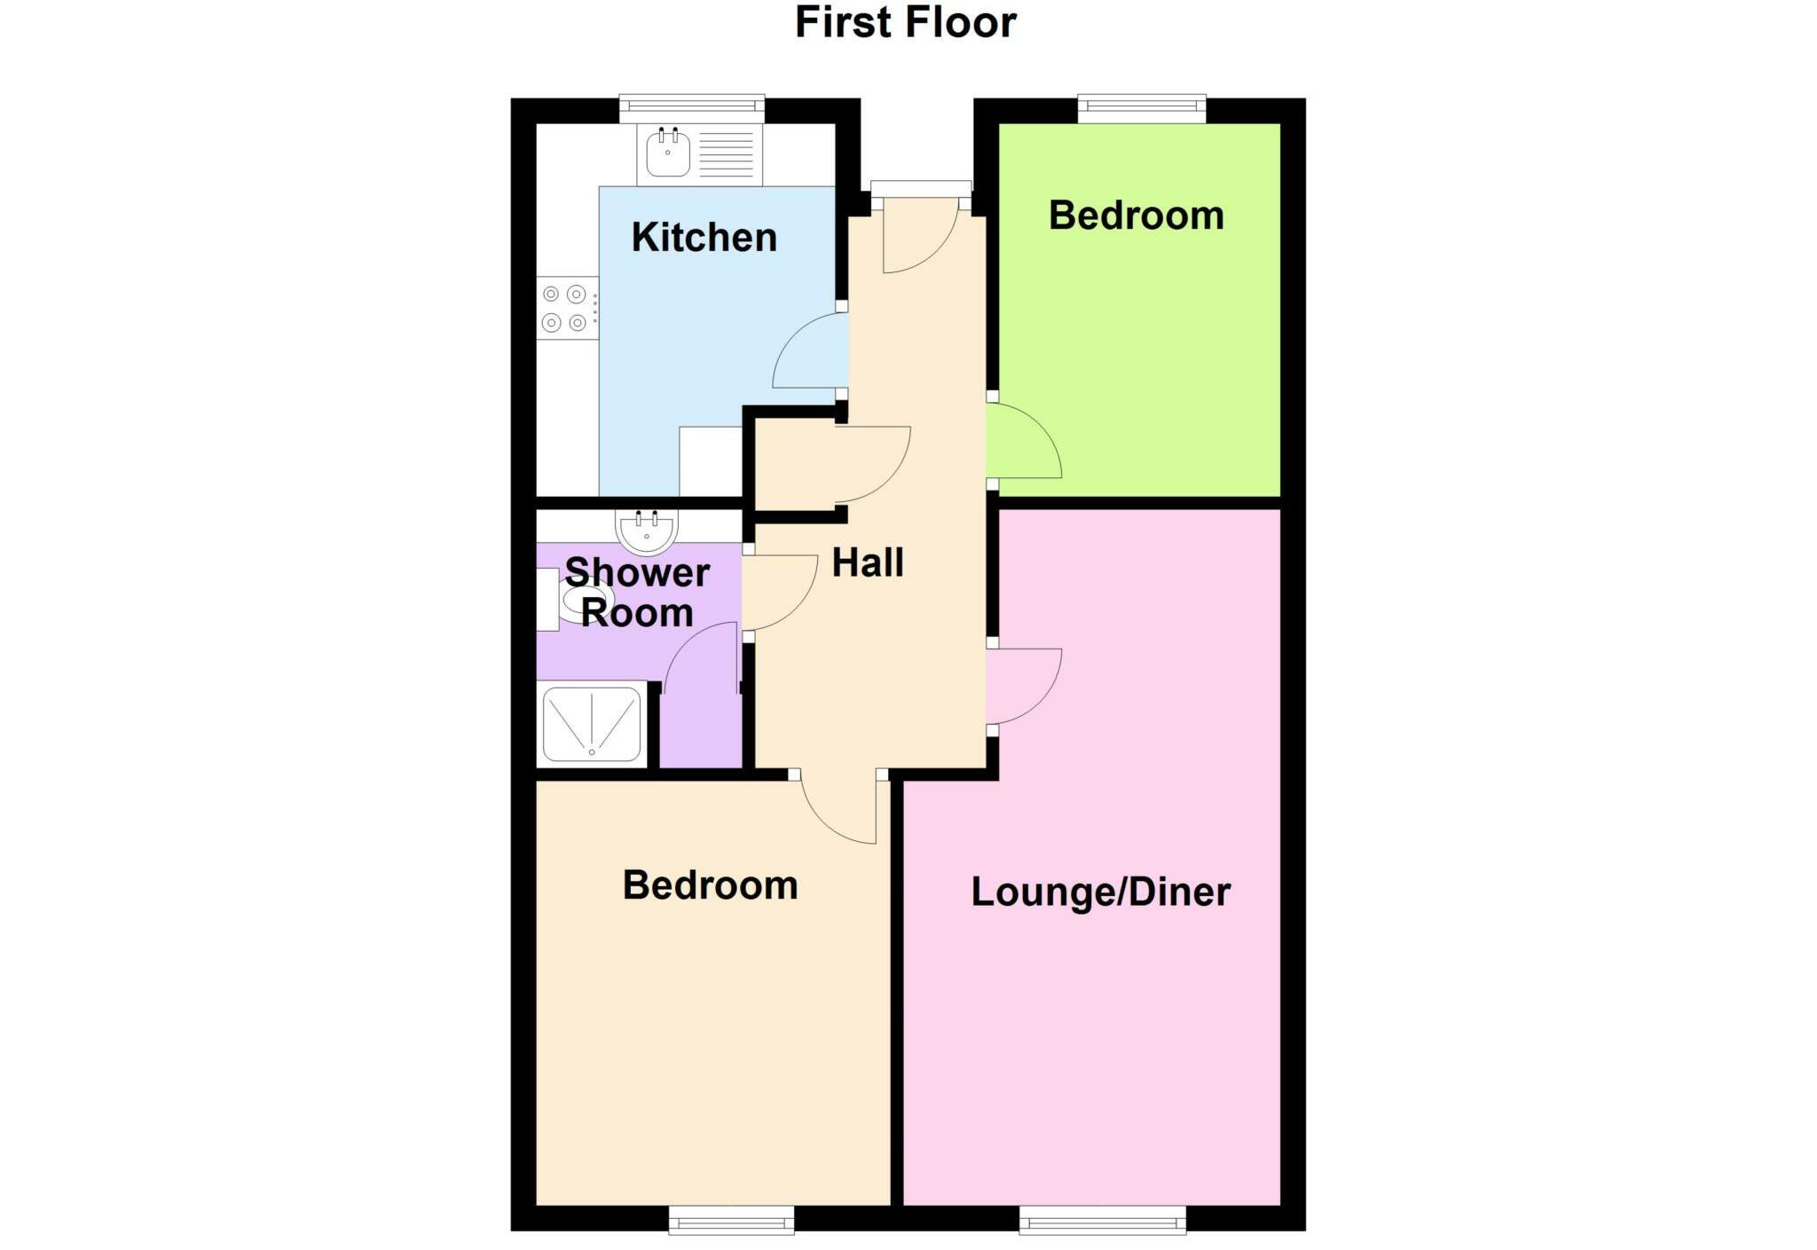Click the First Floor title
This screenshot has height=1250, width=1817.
point(905,22)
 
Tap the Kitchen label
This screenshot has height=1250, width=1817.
point(704,238)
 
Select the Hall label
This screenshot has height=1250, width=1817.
point(867,563)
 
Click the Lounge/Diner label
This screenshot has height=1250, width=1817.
point(1100,892)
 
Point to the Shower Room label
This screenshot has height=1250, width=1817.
point(637,593)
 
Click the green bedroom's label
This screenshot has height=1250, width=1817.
point(1136,216)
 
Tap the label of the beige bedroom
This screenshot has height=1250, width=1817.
point(710,885)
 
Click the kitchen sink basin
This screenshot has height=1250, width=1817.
point(667,154)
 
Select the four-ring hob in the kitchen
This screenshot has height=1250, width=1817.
point(566,308)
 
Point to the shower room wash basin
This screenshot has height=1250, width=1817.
point(647,531)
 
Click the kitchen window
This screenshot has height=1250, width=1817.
point(692,108)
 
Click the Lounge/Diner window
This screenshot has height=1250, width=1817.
point(1102,1220)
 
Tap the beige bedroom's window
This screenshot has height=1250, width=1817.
point(731,1220)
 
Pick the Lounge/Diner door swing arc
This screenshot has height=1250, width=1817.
point(1022,685)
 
